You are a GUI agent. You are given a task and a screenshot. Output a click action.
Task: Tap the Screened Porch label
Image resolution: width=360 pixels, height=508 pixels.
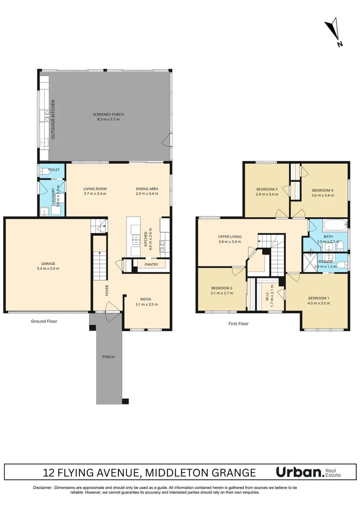point(106,114)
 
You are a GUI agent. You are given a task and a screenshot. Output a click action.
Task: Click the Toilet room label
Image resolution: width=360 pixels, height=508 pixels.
point(54,170)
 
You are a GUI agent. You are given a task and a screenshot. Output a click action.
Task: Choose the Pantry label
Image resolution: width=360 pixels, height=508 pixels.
point(151,265)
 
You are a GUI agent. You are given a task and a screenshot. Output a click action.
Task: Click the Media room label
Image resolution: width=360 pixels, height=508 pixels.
point(146,299)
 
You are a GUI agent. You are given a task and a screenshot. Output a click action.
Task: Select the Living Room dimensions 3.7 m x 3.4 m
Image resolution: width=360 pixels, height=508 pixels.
point(95,193)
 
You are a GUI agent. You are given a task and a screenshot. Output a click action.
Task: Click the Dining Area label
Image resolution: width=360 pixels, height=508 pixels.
point(147,189)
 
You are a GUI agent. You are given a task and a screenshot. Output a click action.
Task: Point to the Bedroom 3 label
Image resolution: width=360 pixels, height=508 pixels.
point(266,189)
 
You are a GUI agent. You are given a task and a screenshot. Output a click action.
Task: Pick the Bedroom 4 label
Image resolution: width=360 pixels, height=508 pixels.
point(322,190)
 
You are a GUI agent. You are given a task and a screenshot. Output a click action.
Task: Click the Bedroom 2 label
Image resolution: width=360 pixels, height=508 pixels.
point(221,288)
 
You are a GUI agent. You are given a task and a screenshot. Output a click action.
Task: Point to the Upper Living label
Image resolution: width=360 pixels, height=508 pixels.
point(229,236)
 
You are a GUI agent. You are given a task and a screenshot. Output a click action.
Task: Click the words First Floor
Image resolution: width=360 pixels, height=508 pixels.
point(238,324)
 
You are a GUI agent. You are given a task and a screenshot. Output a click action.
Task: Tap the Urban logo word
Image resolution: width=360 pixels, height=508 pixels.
point(298,472)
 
